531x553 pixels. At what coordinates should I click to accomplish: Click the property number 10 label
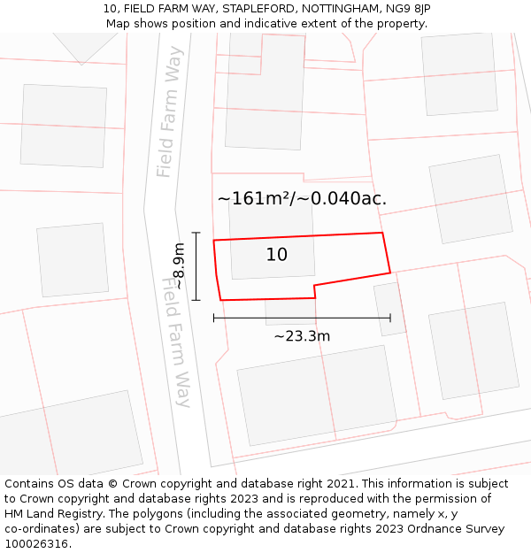click(276, 255)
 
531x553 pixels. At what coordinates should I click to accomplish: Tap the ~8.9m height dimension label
click(178, 266)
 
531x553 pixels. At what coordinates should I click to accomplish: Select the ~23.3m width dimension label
click(302, 336)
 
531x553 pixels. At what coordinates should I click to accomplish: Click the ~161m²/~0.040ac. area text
click(302, 198)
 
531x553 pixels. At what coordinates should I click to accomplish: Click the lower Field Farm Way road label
click(176, 342)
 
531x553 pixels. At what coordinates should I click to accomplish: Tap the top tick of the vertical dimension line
click(196, 233)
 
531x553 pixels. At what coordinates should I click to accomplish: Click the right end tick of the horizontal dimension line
click(390, 318)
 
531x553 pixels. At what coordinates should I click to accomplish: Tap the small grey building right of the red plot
click(389, 308)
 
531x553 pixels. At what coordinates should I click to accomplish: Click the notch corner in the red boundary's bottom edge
click(314, 286)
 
